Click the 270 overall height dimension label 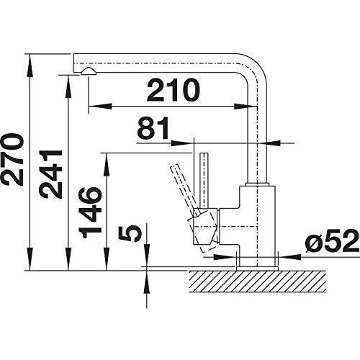[x=12, y=160]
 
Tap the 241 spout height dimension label [x=51, y=174]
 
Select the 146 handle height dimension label [x=90, y=212]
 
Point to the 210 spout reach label [x=174, y=90]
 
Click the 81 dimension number [x=153, y=128]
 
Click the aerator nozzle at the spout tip [x=89, y=71]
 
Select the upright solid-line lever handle [x=204, y=181]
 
